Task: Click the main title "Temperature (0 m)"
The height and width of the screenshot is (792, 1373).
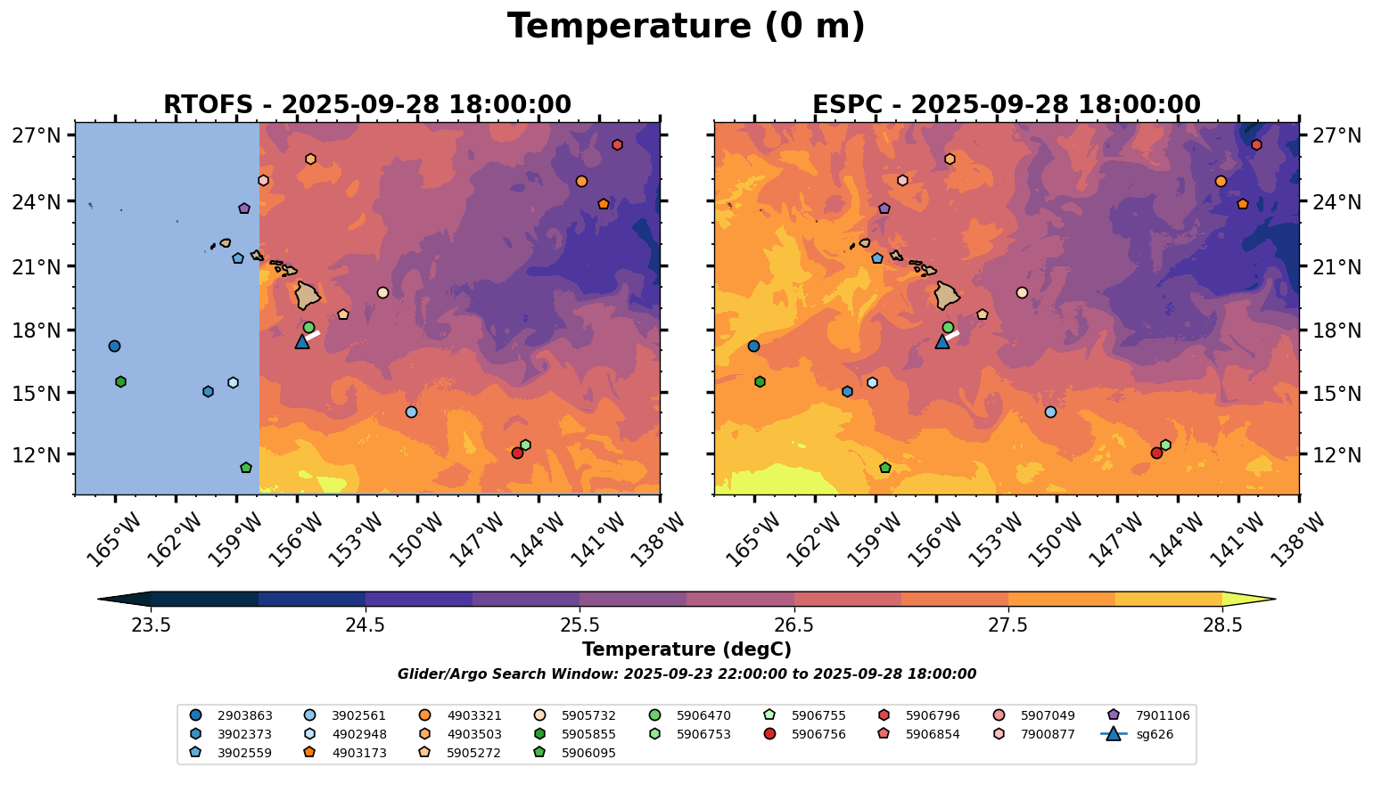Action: tap(686, 27)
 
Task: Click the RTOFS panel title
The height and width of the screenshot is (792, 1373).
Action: tap(366, 105)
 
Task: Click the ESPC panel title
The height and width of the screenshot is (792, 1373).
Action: tap(1006, 105)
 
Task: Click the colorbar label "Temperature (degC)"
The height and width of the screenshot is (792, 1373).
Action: tap(686, 649)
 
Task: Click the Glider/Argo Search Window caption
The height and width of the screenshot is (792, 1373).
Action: tap(686, 674)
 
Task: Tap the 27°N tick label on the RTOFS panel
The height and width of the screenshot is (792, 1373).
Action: tap(36, 136)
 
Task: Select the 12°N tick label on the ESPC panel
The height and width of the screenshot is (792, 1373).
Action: tap(1337, 455)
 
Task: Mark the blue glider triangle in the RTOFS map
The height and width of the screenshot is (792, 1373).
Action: tap(302, 341)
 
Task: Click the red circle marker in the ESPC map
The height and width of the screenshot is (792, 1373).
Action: tap(1156, 453)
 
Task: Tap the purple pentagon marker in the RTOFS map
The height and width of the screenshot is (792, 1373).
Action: tap(244, 208)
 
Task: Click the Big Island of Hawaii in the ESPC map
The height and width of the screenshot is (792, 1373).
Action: tap(946, 295)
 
